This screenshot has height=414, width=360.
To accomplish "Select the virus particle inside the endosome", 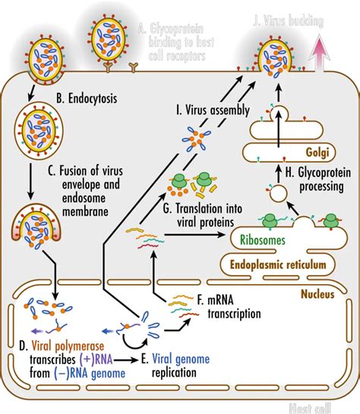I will coord(32,126).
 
